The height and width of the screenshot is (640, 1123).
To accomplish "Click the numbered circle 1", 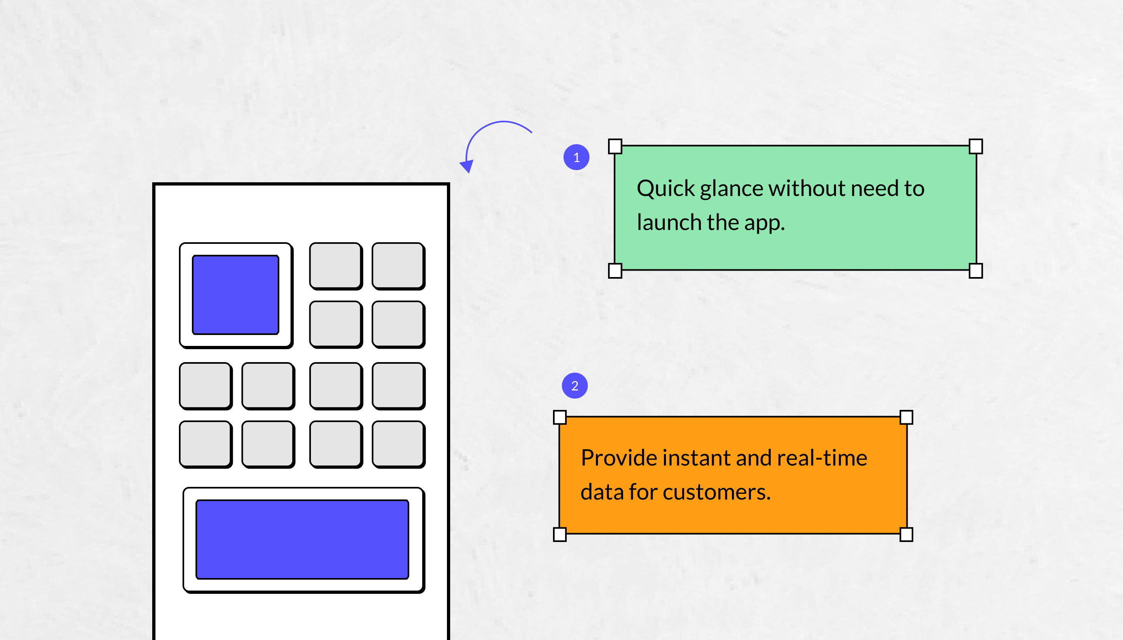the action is tap(576, 157).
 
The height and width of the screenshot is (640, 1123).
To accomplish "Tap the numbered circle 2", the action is tap(575, 386).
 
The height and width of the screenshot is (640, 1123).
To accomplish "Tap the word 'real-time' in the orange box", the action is tap(822, 458).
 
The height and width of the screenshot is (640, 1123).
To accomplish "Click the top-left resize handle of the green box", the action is tap(615, 146).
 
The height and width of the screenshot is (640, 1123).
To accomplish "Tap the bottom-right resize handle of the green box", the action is tap(975, 271).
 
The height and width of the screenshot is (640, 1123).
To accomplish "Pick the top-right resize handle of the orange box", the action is tap(906, 417).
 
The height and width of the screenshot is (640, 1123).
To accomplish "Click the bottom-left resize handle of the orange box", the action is tap(560, 535).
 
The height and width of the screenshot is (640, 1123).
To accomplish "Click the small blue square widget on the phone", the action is tap(236, 295).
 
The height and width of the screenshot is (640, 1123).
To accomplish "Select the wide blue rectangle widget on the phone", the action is tap(302, 539).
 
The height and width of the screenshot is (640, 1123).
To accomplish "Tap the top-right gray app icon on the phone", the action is tap(398, 266).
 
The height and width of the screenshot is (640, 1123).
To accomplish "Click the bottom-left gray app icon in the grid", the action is tap(206, 444).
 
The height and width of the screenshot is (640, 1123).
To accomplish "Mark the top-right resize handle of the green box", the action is tap(975, 146).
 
